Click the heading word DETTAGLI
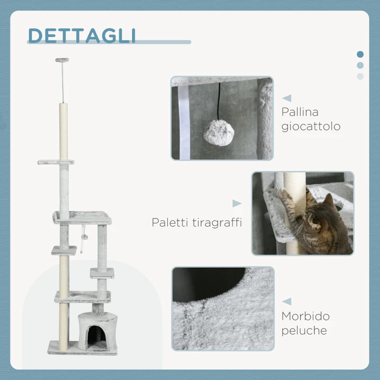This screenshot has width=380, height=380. coord(82,36)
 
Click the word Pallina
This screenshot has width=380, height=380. coord(300,113)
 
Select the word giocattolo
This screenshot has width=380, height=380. coord(311,127)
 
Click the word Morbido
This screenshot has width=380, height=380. coord(305,316)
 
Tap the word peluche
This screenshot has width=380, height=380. coord(304,331)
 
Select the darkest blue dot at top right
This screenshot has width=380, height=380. coord(360,54)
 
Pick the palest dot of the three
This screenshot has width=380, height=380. coord(360,76)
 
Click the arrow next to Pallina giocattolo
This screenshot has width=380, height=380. coord(286,98)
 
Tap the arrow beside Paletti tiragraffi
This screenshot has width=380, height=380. coord(237,203)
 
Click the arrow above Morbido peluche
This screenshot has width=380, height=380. coord(286,301)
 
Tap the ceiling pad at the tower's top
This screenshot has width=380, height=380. coord(62,60)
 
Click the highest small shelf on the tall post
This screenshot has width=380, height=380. coord(56,162)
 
